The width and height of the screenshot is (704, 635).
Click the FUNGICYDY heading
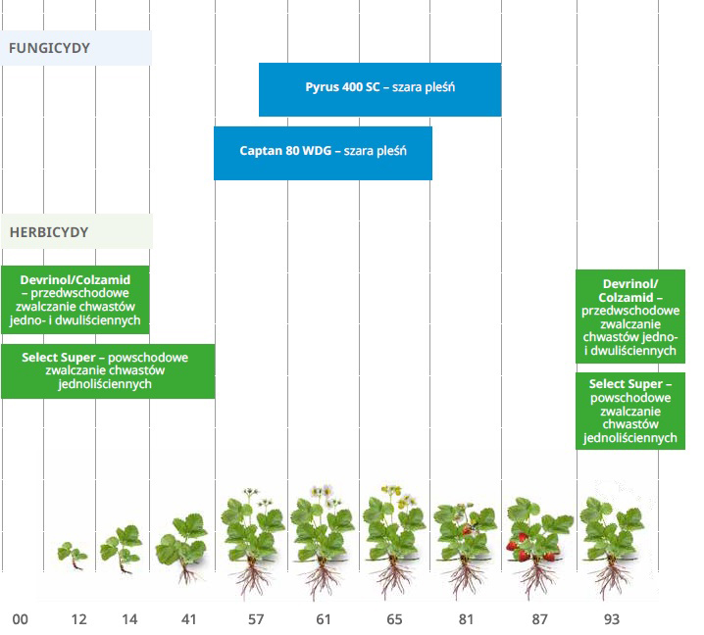point(49,48)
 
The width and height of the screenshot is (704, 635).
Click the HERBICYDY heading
point(49,232)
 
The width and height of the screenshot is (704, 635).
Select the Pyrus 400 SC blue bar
point(379,89)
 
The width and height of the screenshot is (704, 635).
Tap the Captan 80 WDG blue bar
point(323,153)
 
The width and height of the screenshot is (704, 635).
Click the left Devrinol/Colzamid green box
point(75,300)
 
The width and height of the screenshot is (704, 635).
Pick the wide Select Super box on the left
point(108,371)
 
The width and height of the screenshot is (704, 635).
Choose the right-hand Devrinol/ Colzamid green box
point(630,317)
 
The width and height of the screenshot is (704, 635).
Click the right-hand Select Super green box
point(630,411)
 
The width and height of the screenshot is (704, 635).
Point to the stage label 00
point(21,619)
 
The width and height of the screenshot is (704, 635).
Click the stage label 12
point(79,619)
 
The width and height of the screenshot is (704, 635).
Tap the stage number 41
point(188,619)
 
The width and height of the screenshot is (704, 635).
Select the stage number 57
point(256,619)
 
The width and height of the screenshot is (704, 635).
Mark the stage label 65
point(395,619)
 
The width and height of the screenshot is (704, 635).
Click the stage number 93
point(612,619)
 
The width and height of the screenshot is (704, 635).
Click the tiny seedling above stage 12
point(73,556)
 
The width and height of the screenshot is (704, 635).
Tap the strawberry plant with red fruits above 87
point(538,545)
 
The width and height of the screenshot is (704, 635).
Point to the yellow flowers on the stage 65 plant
point(399,495)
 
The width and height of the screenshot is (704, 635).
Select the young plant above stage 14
point(121,549)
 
